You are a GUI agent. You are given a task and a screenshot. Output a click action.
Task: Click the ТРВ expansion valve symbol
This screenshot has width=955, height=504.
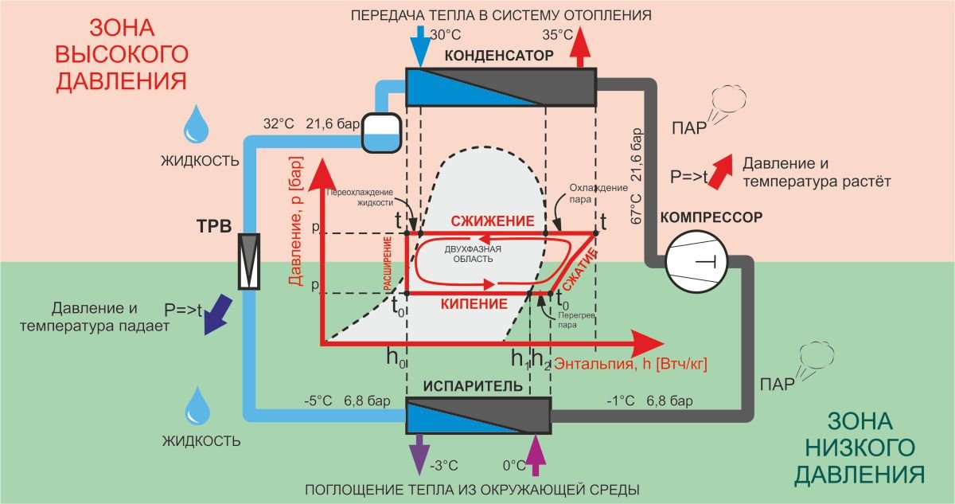251,262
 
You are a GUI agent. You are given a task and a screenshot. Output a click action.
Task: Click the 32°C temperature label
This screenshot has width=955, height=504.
279,124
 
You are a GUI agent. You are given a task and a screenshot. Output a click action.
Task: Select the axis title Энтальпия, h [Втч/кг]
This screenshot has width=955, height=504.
630,364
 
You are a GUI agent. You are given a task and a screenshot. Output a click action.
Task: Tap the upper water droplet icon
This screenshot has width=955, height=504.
195,126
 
